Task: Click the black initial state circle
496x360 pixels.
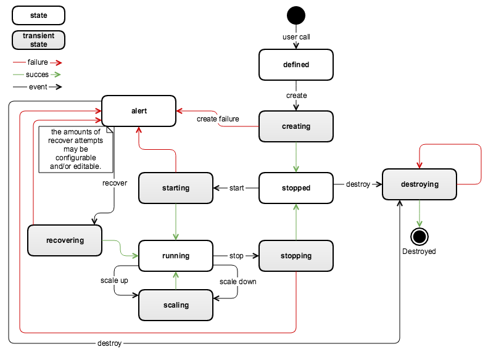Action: point(296,15)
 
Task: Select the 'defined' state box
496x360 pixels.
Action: point(296,65)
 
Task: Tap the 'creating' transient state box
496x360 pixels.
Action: point(296,126)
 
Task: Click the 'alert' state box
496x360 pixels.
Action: point(139,111)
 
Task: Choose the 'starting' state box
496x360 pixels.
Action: point(176,188)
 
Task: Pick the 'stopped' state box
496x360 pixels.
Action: point(296,188)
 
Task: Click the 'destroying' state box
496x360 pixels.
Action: point(420,184)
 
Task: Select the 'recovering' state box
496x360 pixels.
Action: point(65,240)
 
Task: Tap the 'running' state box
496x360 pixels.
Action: point(176,256)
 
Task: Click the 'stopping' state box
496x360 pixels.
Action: point(296,256)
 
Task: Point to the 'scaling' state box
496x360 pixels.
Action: point(176,305)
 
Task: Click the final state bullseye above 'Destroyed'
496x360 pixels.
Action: point(420,237)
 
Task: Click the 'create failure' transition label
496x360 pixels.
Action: point(218,119)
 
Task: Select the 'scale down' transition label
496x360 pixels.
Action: point(238,282)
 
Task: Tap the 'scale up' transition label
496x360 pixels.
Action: point(114,280)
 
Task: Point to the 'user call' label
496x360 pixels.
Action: point(296,37)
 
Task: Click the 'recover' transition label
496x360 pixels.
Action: point(115,183)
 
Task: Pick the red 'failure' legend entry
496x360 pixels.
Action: point(38,62)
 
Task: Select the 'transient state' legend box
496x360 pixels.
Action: point(39,40)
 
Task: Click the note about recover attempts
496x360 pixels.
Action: point(76,149)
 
